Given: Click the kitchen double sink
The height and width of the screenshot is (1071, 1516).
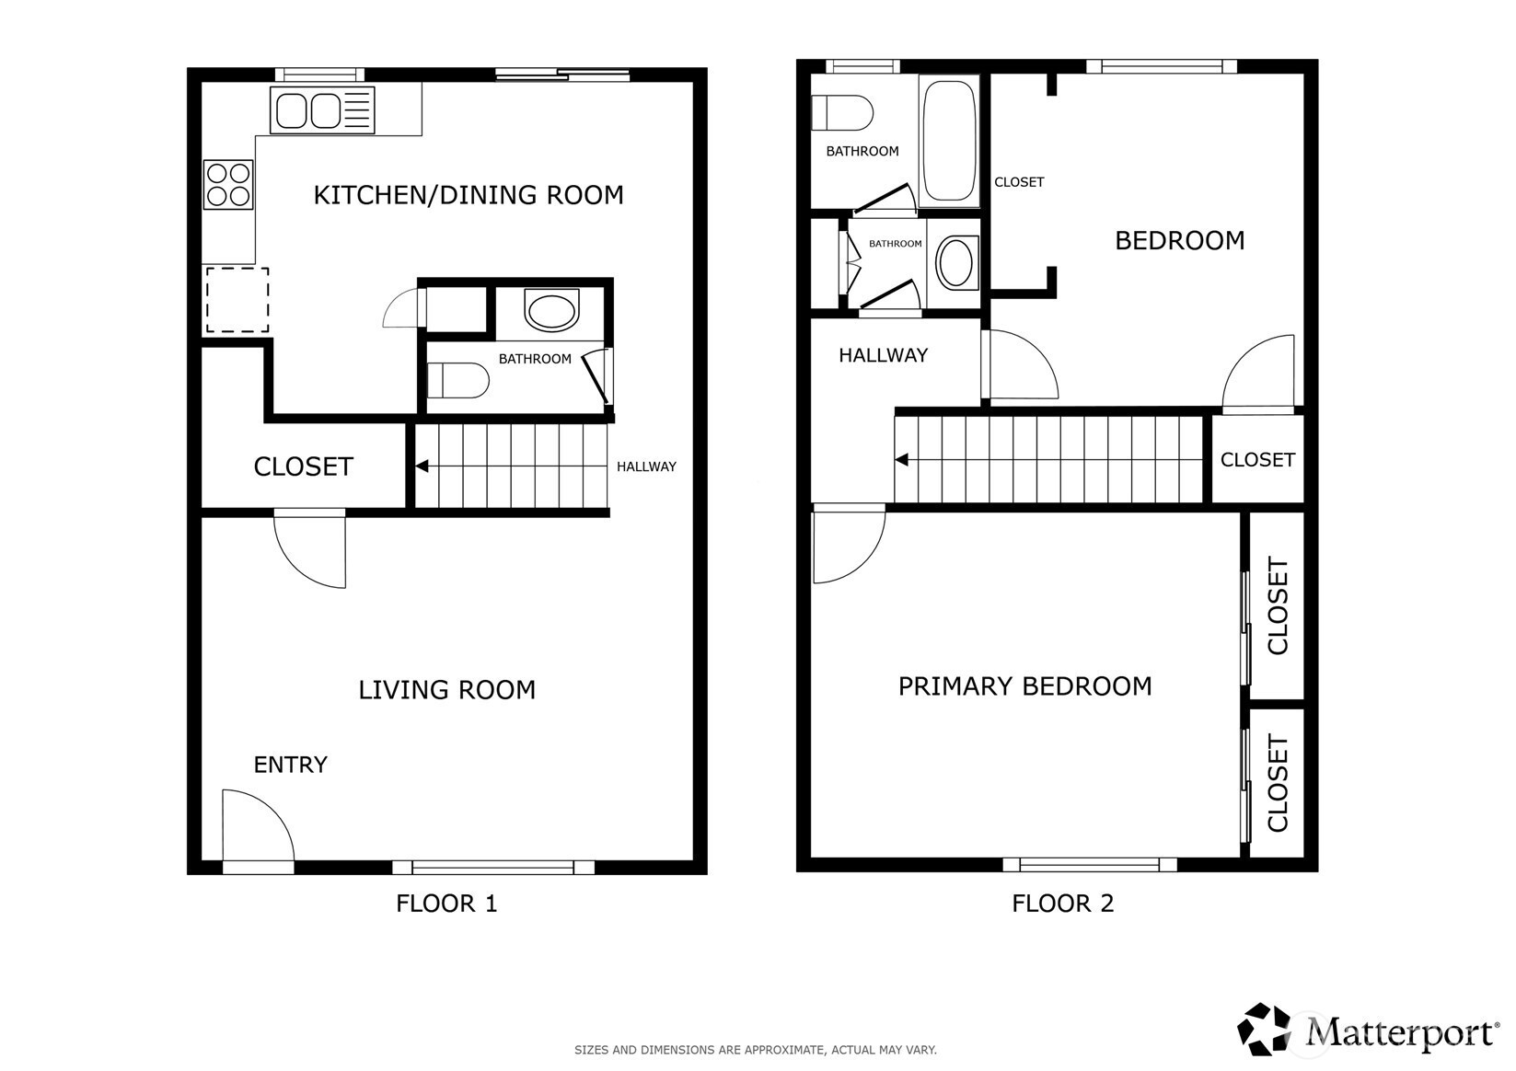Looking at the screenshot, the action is tap(322, 109).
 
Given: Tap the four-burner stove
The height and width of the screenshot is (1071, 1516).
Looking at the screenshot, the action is tap(228, 185).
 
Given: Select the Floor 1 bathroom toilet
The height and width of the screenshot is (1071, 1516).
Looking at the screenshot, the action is tap(457, 380).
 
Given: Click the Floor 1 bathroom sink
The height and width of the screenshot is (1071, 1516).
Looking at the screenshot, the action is tap(551, 311).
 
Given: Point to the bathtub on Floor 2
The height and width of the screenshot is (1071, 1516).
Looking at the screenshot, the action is tap(949, 141).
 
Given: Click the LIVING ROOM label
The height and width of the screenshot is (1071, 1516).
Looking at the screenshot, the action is tap(446, 690).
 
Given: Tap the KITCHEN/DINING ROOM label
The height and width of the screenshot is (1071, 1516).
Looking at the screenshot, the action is tap(469, 195).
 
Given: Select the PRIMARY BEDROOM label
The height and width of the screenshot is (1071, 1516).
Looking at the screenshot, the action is tap(1024, 686).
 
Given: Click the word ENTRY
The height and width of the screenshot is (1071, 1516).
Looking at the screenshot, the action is tap(290, 765).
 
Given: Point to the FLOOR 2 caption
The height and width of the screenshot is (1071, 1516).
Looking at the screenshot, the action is tap(1062, 904).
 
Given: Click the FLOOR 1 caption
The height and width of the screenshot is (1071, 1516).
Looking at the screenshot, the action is tap(446, 904).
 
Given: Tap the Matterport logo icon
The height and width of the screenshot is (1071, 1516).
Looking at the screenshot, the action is tap(1264, 1029).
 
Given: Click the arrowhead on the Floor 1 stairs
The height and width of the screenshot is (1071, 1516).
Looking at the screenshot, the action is tap(422, 466).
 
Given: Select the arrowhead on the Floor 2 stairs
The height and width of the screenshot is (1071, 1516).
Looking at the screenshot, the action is tap(901, 460).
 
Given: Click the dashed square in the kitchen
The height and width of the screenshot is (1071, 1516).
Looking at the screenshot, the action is tap(237, 300).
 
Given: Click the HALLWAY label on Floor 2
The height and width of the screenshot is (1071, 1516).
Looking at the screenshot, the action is tap(884, 355).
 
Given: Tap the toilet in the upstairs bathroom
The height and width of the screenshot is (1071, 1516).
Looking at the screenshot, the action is tap(842, 112).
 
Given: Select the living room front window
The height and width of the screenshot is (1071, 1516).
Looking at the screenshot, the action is tap(493, 868).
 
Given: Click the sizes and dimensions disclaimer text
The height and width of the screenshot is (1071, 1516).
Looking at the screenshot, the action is tap(756, 1050).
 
